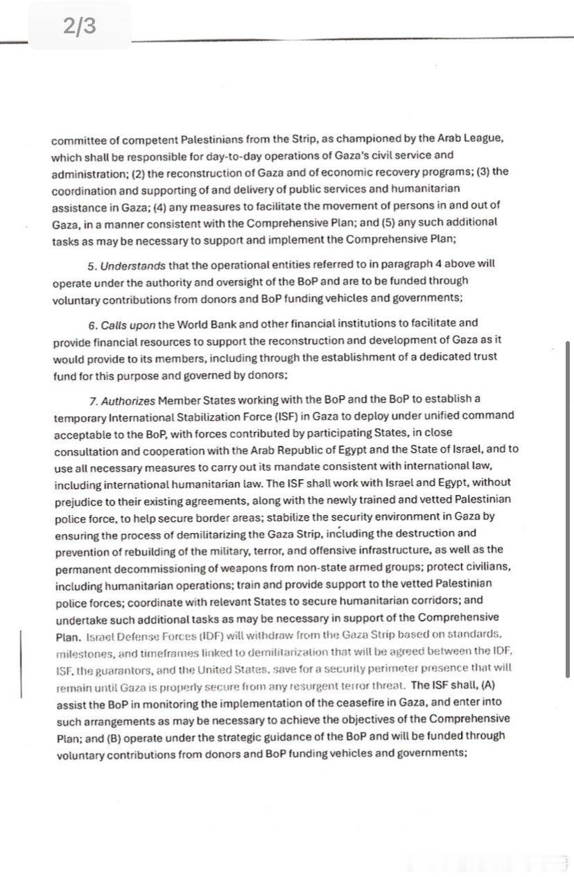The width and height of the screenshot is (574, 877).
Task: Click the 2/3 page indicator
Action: tap(79, 26)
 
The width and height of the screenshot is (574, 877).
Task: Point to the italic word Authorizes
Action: tap(128, 400)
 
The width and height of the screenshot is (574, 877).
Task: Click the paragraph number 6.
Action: tap(92, 324)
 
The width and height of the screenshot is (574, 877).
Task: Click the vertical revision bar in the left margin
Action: tap(21, 663)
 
